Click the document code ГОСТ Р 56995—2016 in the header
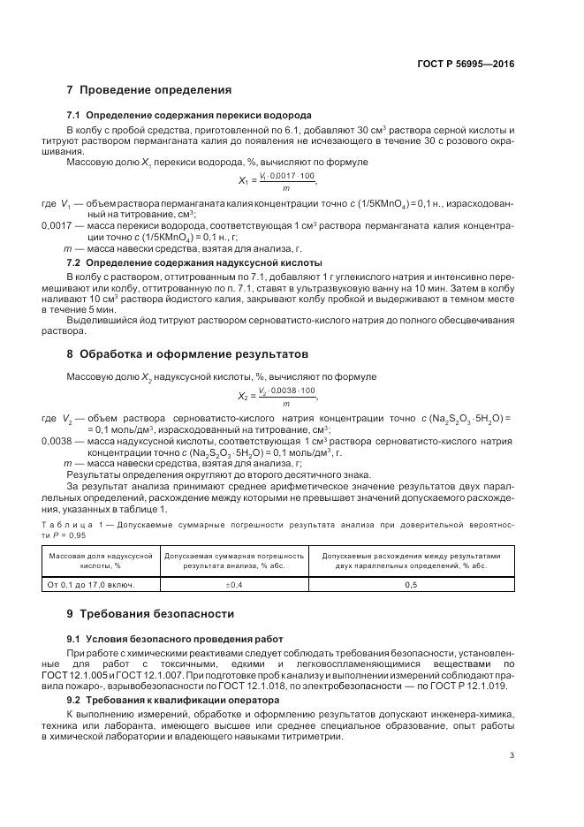pos(465,64)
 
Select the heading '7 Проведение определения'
pos(149,90)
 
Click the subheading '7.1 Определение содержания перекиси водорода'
pos(189,116)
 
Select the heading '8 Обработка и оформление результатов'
pos(188,354)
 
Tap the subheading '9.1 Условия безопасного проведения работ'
pos(176,638)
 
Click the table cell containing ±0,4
pos(234,585)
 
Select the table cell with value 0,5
pos(410,585)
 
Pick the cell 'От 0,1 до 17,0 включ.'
pos(90,585)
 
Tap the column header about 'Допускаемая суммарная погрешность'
pos(234,560)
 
